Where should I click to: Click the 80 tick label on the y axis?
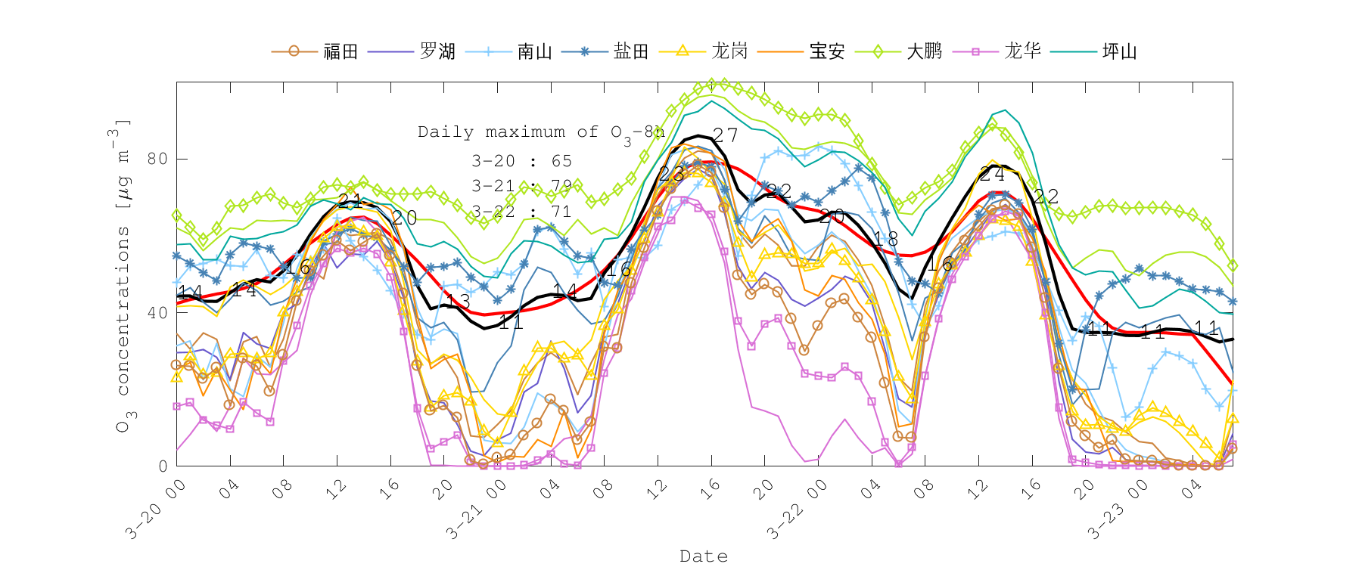tap(157, 159)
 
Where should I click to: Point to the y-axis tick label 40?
tap(157, 313)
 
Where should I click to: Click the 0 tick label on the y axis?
tap(163, 466)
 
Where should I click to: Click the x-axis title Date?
tap(704, 556)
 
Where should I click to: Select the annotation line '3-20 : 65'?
tap(521, 161)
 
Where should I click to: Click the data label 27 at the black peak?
tap(725, 135)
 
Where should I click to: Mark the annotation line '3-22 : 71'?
tap(521, 212)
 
